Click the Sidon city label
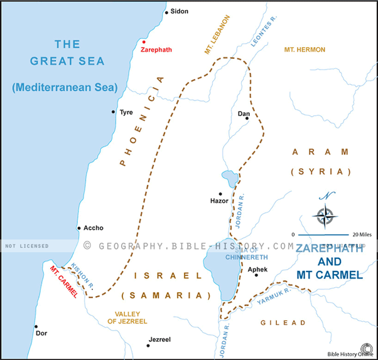[180, 12]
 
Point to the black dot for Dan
[247, 118]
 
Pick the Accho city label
[93, 228]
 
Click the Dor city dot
[36, 327]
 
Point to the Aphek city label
[257, 268]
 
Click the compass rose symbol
[325, 216]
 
